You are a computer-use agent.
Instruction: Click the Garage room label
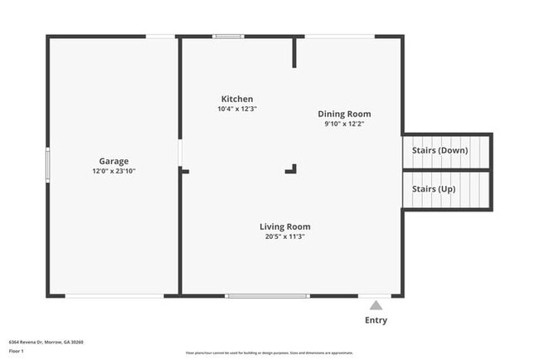(x=114, y=161)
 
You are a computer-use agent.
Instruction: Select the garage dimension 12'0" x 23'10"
(x=114, y=171)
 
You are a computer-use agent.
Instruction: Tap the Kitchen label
(x=236, y=99)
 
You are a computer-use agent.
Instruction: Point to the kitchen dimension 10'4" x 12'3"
(x=236, y=109)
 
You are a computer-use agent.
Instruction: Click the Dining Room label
(x=344, y=114)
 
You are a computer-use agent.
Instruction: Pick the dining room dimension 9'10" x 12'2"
(x=344, y=124)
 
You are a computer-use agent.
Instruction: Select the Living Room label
(x=284, y=226)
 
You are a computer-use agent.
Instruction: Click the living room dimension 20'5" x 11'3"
(x=284, y=236)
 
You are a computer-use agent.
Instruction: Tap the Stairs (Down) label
(x=439, y=150)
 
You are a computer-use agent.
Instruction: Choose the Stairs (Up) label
(x=434, y=189)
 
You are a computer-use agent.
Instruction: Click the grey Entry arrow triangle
(x=376, y=305)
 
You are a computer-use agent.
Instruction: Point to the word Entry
(x=376, y=320)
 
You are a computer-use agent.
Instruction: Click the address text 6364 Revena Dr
(x=46, y=342)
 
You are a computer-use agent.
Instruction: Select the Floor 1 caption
(x=17, y=351)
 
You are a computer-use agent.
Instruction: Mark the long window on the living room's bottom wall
(x=268, y=295)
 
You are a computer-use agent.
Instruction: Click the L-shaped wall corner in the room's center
(x=292, y=169)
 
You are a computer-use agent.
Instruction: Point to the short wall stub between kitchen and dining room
(x=294, y=52)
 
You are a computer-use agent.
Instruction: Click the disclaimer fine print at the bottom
(x=269, y=353)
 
